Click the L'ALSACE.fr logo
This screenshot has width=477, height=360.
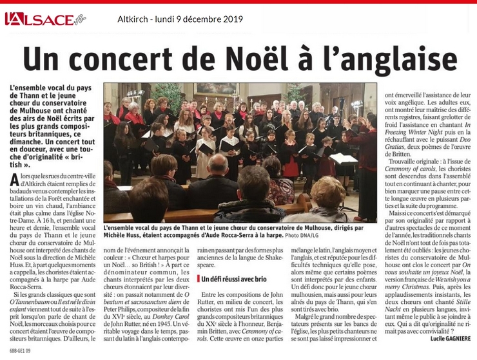click(x=45, y=19)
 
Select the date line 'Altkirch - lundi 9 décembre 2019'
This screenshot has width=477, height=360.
click(x=180, y=19)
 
